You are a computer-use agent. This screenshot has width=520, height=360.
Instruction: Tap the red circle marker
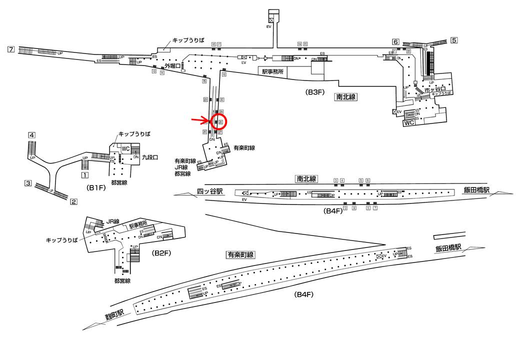pyautogui.click(x=219, y=121)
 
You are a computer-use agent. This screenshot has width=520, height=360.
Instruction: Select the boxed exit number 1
pyautogui.click(x=85, y=175)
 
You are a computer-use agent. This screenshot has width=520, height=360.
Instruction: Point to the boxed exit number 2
pyautogui.click(x=73, y=202)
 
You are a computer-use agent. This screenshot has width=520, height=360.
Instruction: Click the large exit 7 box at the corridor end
pyautogui.click(x=11, y=49)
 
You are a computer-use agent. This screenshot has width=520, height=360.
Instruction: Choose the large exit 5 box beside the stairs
pyautogui.click(x=454, y=40)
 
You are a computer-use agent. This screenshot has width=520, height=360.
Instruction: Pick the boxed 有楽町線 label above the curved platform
pyautogui.click(x=240, y=254)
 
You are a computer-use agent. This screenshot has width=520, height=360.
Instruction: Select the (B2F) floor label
pyautogui.click(x=161, y=253)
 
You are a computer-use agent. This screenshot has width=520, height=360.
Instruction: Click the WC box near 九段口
pyautogui.click(x=125, y=148)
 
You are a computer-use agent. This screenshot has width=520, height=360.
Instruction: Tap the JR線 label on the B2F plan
pyautogui.click(x=113, y=221)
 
